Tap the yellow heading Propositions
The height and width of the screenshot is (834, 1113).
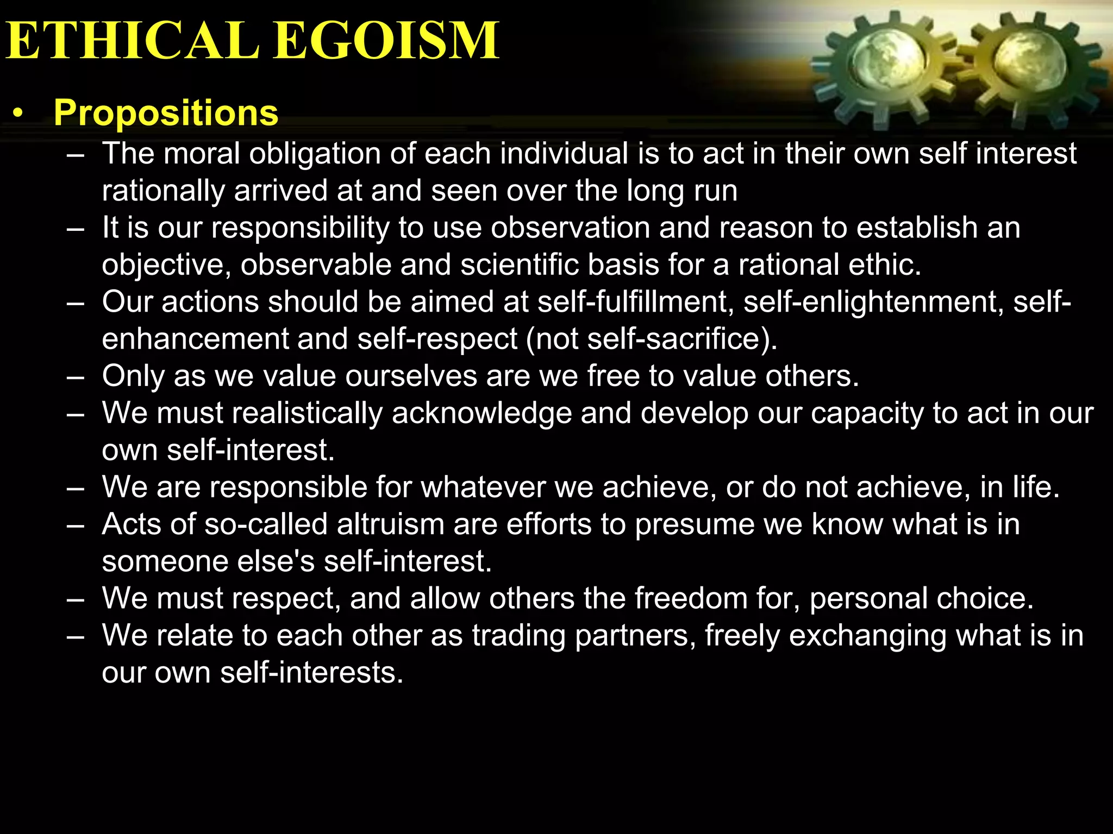[x=166, y=113]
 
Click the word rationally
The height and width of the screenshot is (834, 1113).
[x=163, y=191]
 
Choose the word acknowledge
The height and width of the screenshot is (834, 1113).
[x=482, y=413]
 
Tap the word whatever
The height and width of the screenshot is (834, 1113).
[x=483, y=487]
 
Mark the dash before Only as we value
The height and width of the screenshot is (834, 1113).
[x=76, y=377]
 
